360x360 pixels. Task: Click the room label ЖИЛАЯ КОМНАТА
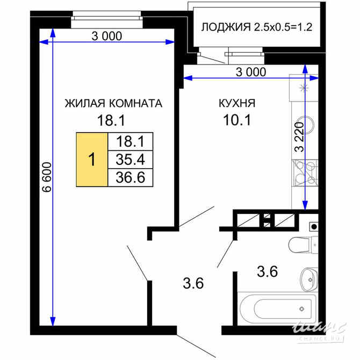tap(113, 103)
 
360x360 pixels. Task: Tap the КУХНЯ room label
tap(236, 103)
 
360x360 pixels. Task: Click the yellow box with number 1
tap(92, 159)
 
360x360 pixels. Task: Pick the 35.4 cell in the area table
tap(131, 159)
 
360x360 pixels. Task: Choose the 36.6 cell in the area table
tap(131, 177)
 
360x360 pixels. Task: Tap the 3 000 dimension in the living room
tap(107, 37)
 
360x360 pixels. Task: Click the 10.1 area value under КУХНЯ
tap(236, 120)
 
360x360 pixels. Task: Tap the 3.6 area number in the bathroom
tap(267, 272)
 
